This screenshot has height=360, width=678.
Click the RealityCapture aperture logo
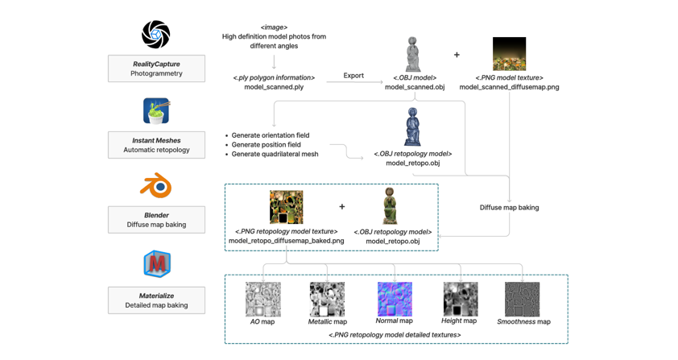[x=156, y=35]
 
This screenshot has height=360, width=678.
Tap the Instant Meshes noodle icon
[x=156, y=110]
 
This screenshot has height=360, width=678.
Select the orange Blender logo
[x=156, y=185]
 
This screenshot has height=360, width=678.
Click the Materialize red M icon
[x=156, y=263]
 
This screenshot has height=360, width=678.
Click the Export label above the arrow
[x=353, y=76]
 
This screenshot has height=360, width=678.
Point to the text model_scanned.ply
[x=274, y=87]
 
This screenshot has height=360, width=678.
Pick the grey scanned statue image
[x=413, y=54]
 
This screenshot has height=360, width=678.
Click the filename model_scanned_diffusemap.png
[x=509, y=87]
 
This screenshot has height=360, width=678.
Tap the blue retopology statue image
[x=412, y=127]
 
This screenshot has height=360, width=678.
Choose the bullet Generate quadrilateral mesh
[x=275, y=154]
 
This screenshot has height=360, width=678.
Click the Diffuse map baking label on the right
[x=509, y=208]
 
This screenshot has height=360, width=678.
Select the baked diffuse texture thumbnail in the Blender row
[x=286, y=207]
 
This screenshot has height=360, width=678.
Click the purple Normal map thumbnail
[x=395, y=299]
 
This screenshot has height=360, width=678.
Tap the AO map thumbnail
[x=263, y=300]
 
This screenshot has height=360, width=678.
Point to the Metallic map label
[x=327, y=322]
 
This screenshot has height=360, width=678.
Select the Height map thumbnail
[x=460, y=299]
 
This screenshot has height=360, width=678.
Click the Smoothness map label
[x=523, y=322]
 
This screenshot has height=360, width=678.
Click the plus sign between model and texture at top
[x=457, y=55]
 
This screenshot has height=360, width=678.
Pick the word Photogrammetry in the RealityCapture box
[x=156, y=73]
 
